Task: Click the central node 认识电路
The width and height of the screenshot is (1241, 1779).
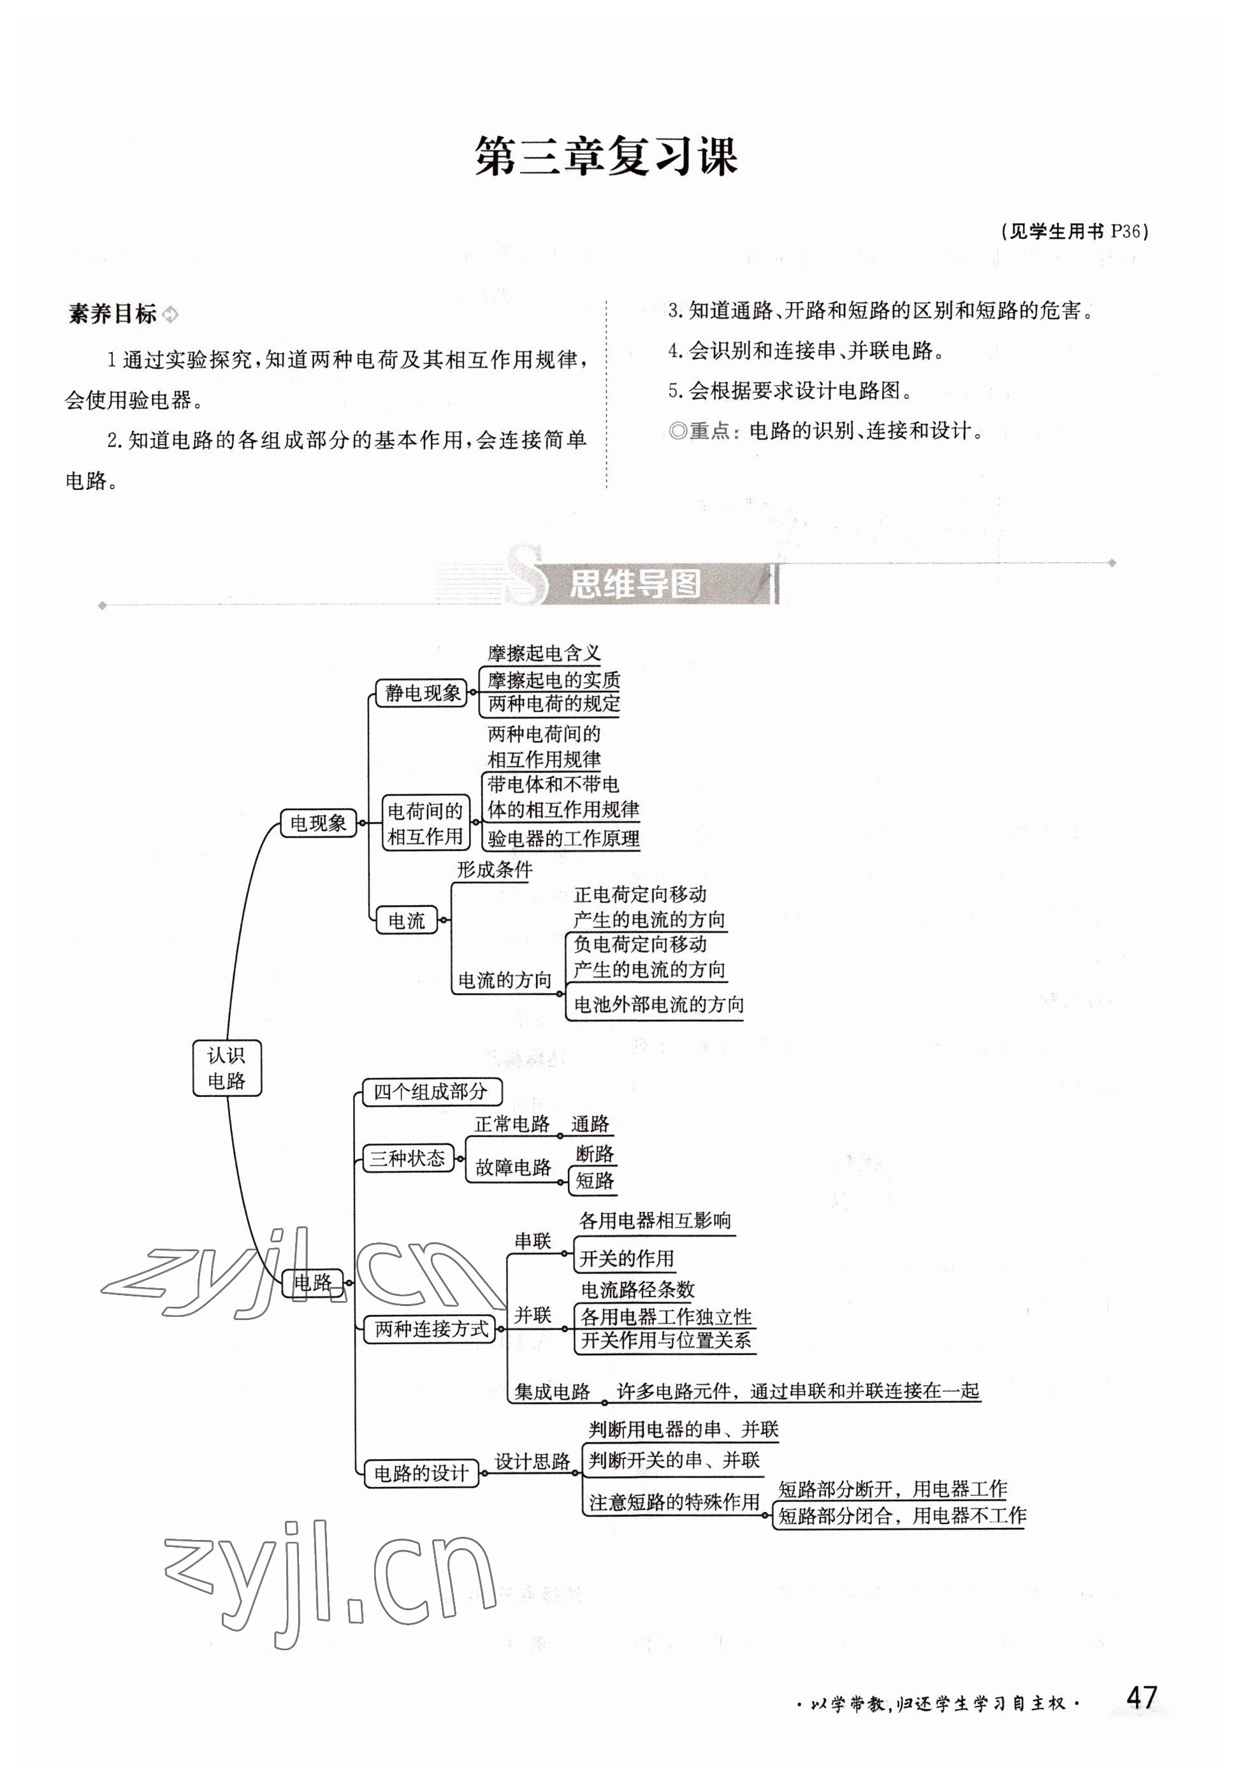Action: (226, 1068)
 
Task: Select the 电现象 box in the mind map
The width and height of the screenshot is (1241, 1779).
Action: (317, 823)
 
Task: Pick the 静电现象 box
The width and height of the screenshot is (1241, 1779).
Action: (422, 692)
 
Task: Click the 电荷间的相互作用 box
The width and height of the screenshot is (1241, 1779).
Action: (425, 824)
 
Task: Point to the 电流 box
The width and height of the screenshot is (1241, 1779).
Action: (407, 920)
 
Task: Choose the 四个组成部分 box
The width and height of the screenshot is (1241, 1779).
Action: (431, 1092)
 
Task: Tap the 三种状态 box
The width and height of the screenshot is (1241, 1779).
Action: (407, 1158)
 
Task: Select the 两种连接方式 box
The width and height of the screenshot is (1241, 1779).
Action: (432, 1329)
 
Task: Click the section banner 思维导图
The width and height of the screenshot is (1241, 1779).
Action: (635, 585)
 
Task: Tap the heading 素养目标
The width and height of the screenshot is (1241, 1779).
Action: (113, 314)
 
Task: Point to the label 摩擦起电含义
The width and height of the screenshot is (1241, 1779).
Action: (544, 653)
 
